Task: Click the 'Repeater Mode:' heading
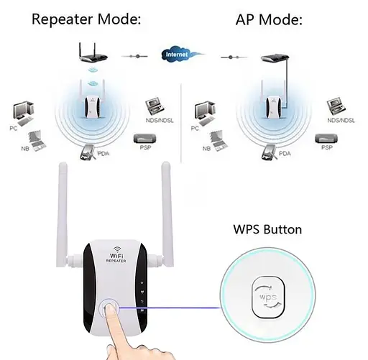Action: [x=86, y=19]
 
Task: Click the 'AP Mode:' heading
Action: [x=269, y=19]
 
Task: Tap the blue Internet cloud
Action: [x=178, y=54]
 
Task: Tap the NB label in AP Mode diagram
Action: [x=206, y=148]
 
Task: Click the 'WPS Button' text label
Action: [x=267, y=230]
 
